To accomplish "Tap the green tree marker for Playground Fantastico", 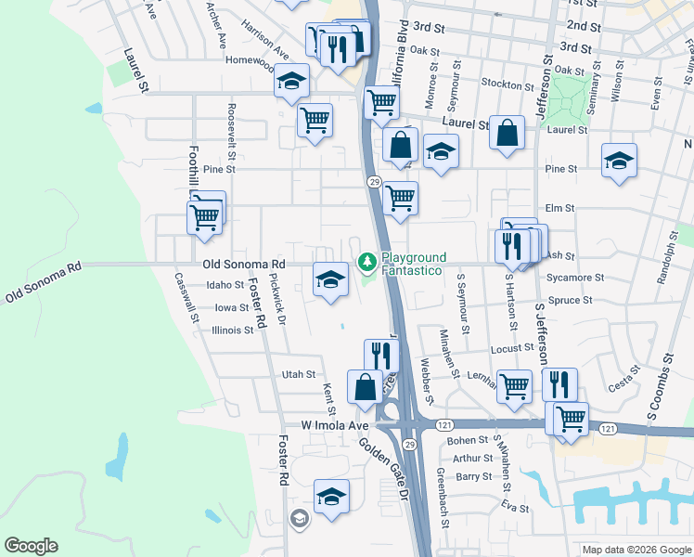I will pyautogui.click(x=367, y=264).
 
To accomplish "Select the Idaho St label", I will pyautogui.click(x=225, y=286).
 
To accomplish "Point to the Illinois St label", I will pyautogui.click(x=232, y=330).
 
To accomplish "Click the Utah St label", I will pyautogui.click(x=299, y=374).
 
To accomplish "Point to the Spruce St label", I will pyautogui.click(x=571, y=301).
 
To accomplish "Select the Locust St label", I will pyautogui.click(x=511, y=348).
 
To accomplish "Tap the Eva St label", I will pyautogui.click(x=514, y=509).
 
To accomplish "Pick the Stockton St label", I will pyautogui.click(x=502, y=84).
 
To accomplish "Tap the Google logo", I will pyautogui.click(x=31, y=546).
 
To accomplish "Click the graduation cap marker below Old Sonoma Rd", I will pyautogui.click(x=330, y=279).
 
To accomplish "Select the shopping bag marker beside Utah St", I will pyautogui.click(x=366, y=387).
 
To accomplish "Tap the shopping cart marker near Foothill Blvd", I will pyautogui.click(x=204, y=217).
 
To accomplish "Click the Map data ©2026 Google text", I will pyautogui.click(x=636, y=550).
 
